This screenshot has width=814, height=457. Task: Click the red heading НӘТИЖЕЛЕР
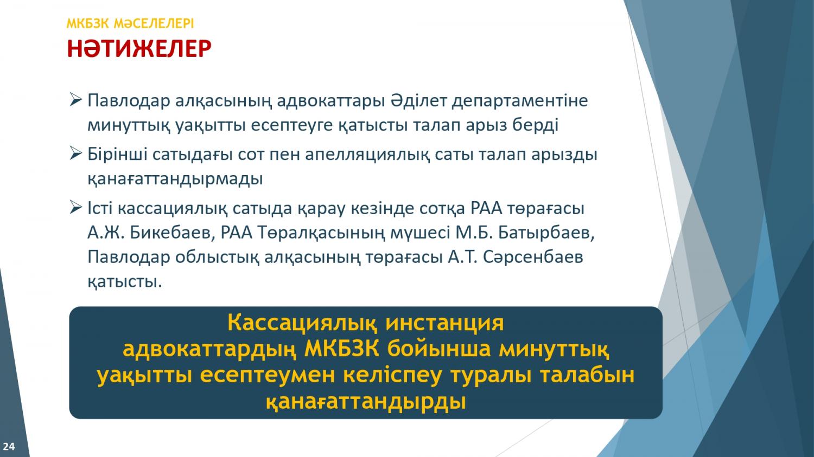(x=139, y=49)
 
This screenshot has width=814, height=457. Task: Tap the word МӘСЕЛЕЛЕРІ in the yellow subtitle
(x=154, y=24)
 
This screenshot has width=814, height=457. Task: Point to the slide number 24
(x=9, y=447)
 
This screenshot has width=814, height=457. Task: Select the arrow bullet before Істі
(x=75, y=208)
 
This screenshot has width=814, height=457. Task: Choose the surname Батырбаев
(x=546, y=233)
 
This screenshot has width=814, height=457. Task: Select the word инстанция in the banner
(x=444, y=324)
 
